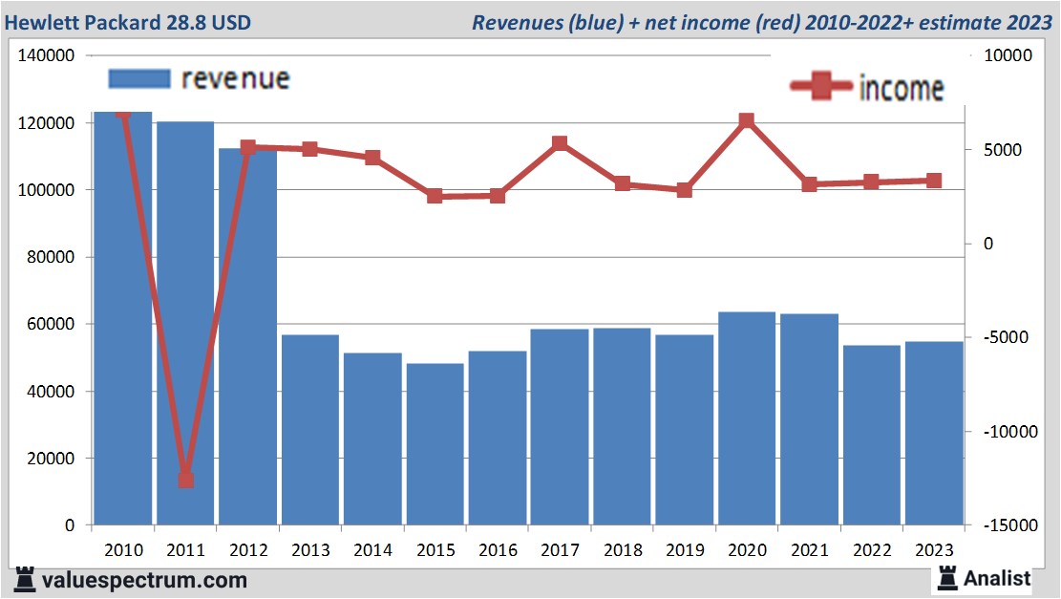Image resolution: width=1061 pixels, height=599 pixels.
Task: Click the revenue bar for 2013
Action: coord(310,430)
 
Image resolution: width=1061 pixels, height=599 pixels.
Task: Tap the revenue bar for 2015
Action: coord(435,444)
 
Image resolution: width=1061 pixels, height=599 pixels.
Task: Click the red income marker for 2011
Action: coord(185,480)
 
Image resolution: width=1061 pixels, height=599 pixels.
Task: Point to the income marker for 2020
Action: coord(747,120)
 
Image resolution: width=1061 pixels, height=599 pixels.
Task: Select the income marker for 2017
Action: coord(560,143)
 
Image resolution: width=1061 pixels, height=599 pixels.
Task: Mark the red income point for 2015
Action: coord(435,196)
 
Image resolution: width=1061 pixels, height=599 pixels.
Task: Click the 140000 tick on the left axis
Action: coord(47,56)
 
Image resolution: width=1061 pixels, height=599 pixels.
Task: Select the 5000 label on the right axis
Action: coord(1003,150)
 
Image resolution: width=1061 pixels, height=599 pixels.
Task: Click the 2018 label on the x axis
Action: coord(623,550)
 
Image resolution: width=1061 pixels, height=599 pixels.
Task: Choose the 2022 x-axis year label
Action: coord(872,550)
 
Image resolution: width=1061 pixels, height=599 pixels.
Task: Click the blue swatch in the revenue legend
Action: coord(138,78)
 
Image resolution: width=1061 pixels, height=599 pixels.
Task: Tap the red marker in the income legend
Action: coord(821,87)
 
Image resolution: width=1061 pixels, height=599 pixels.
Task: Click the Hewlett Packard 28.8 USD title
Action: coord(128,21)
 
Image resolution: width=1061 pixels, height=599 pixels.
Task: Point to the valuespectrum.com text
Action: coord(144,579)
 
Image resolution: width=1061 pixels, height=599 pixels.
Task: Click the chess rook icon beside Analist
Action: coord(946,577)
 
